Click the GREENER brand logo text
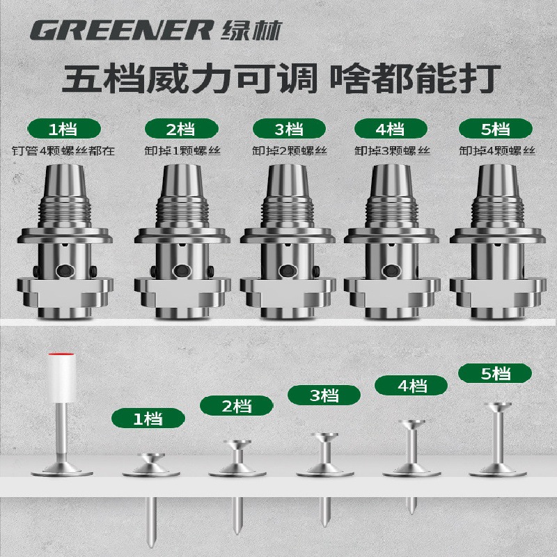click(x=122, y=30)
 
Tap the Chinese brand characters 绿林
click(x=251, y=30)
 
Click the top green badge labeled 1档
click(x=64, y=129)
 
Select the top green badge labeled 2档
click(x=182, y=129)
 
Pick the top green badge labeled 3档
click(x=289, y=129)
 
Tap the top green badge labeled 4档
click(x=391, y=129)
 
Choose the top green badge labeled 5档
click(x=496, y=129)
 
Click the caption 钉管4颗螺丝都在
click(x=63, y=151)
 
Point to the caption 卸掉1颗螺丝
click(x=182, y=151)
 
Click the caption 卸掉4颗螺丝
click(x=497, y=151)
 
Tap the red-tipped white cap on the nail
click(x=62, y=377)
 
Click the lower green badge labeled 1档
click(x=148, y=418)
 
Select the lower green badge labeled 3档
click(x=324, y=395)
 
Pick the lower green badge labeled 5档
click(x=495, y=373)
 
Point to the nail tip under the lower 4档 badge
click(x=411, y=511)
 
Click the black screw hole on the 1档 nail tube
click(x=65, y=272)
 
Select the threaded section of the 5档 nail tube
click(x=499, y=212)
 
